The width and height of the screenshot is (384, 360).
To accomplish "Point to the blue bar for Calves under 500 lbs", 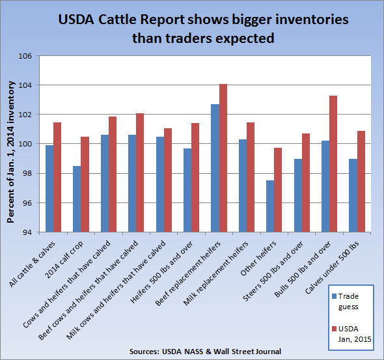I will tap(353, 195).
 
